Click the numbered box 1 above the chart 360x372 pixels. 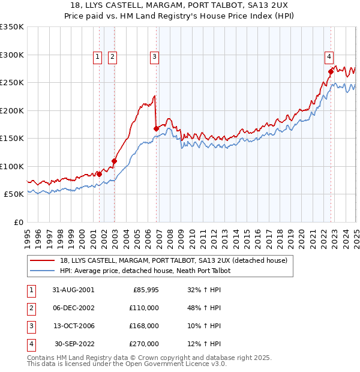coord(97,57)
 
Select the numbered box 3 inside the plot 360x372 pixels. coord(154,57)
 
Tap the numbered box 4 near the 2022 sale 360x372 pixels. coord(329,57)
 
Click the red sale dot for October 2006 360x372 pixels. coord(156,128)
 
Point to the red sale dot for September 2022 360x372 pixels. coord(331,71)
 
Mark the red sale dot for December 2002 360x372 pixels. coord(113,161)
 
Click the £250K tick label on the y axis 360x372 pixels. coord(12,83)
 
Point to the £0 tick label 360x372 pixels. coord(18,222)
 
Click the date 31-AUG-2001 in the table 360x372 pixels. coord(74,290)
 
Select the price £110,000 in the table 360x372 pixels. coord(143,308)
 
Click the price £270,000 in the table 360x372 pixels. coord(143,344)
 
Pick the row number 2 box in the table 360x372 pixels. coord(30,308)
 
